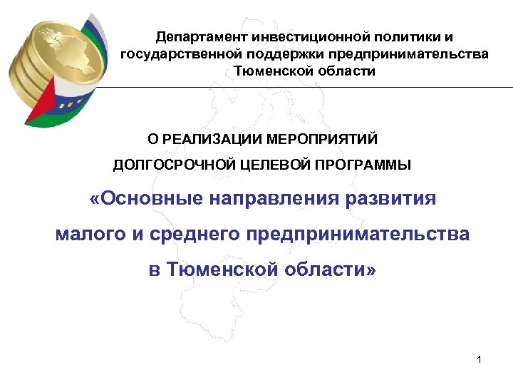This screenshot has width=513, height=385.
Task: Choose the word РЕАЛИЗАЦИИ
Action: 218,138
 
